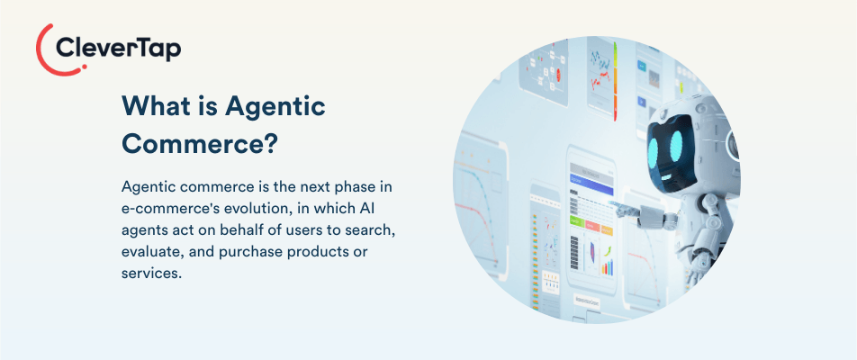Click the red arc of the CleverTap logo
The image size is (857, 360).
(41, 50)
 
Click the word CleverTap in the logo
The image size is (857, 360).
(118, 49)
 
